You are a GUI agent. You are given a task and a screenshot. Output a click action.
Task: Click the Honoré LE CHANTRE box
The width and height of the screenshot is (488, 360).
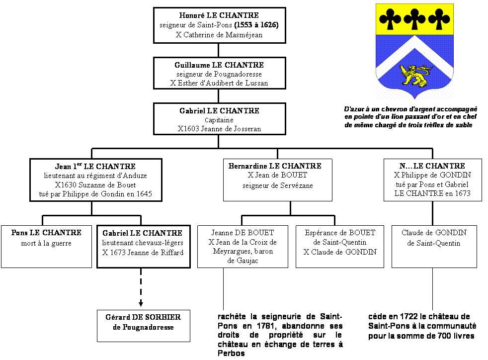220,25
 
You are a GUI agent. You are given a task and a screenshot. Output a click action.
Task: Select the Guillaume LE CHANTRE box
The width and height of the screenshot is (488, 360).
220,73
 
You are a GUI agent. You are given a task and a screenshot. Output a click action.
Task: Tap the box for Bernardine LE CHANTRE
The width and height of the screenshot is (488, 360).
278,180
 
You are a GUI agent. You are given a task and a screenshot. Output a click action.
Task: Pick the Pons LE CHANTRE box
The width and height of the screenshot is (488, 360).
46,247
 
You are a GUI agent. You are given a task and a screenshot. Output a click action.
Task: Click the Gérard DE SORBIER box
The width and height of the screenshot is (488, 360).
144,326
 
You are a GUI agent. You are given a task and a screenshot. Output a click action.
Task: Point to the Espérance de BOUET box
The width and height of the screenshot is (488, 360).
340,247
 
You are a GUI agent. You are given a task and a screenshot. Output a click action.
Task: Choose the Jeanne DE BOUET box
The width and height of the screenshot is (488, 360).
243,247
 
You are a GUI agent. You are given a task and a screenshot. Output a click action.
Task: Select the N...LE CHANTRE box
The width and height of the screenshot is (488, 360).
433,180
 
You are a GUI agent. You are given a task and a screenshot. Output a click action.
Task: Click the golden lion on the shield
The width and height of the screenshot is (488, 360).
415,76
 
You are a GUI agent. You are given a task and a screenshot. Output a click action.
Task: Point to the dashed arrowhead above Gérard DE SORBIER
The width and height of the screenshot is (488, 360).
141,303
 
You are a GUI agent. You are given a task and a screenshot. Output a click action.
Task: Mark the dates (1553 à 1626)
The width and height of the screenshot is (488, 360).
256,25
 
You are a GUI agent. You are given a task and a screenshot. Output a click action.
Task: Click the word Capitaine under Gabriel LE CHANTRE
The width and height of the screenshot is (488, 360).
219,120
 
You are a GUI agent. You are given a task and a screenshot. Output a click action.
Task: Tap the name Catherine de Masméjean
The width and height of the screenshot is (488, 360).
223,35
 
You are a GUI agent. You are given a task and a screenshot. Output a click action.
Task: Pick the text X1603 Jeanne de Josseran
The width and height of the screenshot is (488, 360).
219,129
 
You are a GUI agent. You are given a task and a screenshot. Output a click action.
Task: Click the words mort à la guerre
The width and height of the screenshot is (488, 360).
46,243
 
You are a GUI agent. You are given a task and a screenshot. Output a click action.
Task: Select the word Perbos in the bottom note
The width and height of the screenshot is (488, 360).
231,354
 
